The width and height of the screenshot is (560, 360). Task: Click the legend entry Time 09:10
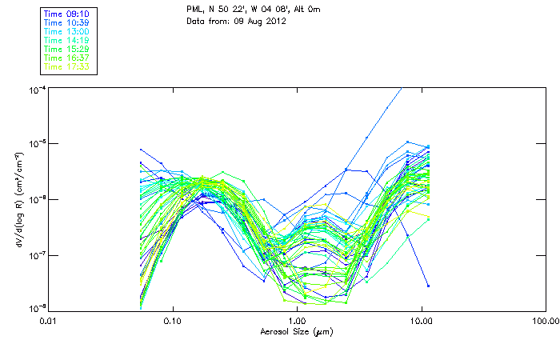coord(66,14)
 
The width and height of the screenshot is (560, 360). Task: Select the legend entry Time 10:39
coord(66,22)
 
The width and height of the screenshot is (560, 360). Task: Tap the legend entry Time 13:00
coord(66,31)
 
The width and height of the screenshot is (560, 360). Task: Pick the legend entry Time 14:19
coord(66,40)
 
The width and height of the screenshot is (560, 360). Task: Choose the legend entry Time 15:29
coord(66,49)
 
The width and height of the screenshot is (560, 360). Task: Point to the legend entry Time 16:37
coord(66,58)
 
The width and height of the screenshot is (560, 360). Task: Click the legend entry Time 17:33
coord(66,66)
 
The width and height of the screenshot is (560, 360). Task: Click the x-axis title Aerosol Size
coord(297,331)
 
